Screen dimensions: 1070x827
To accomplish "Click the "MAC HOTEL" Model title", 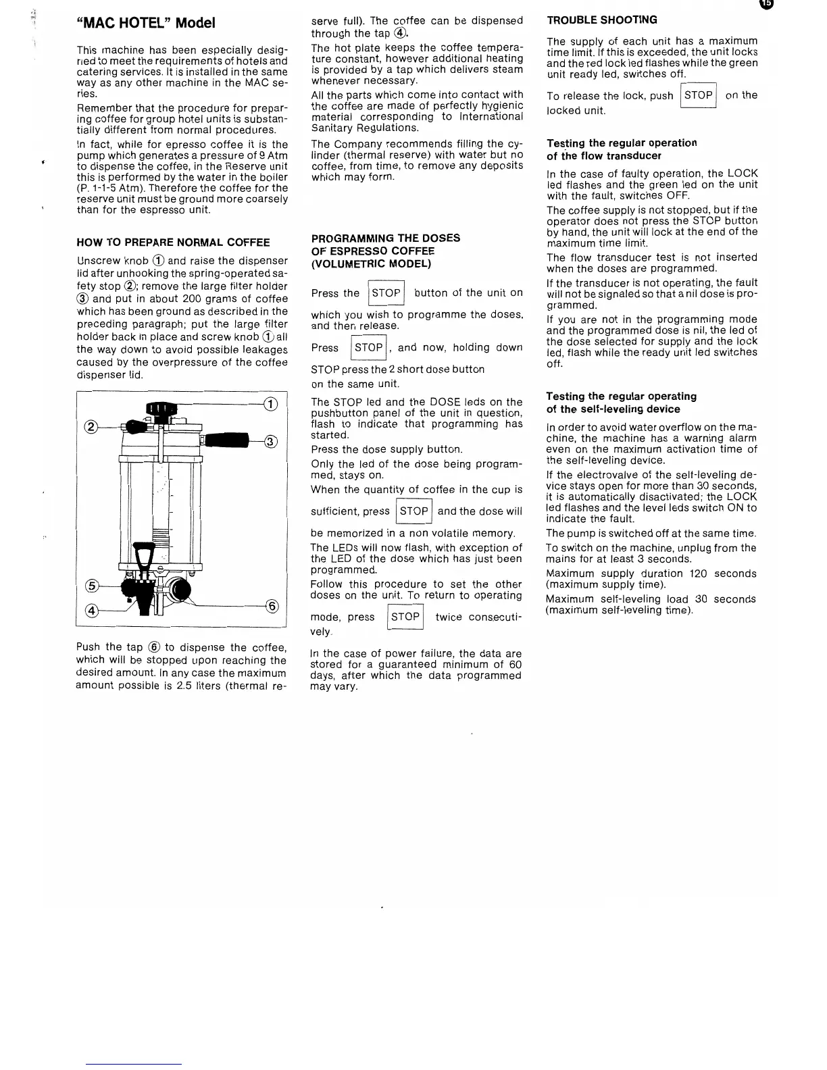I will click(146, 23).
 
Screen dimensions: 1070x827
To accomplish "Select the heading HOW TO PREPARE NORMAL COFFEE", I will click(173, 243).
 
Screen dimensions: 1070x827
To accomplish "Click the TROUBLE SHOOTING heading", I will click(602, 20).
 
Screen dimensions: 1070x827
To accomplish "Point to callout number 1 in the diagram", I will click(270, 405).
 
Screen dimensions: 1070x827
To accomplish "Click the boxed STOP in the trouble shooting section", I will click(699, 96).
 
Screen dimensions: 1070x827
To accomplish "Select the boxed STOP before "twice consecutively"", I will click(405, 617).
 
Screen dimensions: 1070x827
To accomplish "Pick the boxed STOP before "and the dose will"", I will click(414, 511).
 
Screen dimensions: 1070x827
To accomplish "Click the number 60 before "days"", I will click(516, 665).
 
